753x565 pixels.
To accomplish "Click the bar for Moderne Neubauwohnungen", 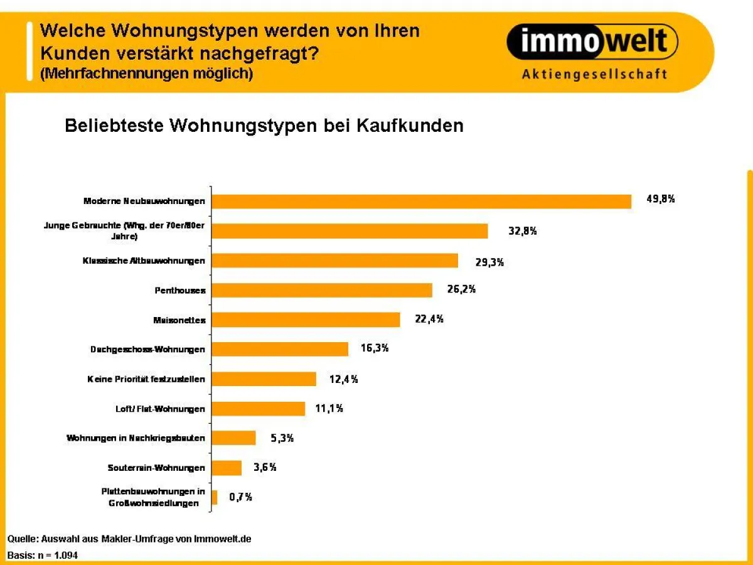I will click(x=421, y=201).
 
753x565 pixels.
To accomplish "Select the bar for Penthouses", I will click(x=322, y=290).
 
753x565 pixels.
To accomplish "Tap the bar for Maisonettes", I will click(x=306, y=320).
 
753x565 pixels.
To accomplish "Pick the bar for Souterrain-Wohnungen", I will click(x=227, y=468).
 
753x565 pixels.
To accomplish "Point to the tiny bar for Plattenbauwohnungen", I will click(x=215, y=497).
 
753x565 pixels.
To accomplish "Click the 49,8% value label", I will click(x=660, y=200).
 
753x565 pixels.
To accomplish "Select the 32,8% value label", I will click(x=522, y=230).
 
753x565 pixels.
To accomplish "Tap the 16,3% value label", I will click(x=374, y=348).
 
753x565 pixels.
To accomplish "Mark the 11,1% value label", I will click(x=329, y=409).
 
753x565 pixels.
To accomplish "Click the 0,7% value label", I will click(x=240, y=497).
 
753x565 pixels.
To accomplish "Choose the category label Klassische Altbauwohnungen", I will click(x=144, y=261).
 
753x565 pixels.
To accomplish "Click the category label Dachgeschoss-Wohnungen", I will click(x=147, y=349).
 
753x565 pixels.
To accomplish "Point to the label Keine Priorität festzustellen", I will click(x=146, y=379).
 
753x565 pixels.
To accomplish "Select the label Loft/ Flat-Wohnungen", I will click(x=160, y=409).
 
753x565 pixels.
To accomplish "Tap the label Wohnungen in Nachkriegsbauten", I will click(x=136, y=438).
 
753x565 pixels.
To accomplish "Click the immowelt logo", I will click(x=592, y=43).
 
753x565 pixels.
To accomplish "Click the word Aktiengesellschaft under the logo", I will click(x=594, y=75).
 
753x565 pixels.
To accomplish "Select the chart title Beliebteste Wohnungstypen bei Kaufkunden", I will click(x=264, y=126).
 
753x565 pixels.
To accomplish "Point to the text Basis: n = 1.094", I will click(x=43, y=555).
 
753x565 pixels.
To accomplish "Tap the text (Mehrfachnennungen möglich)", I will click(x=146, y=73).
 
